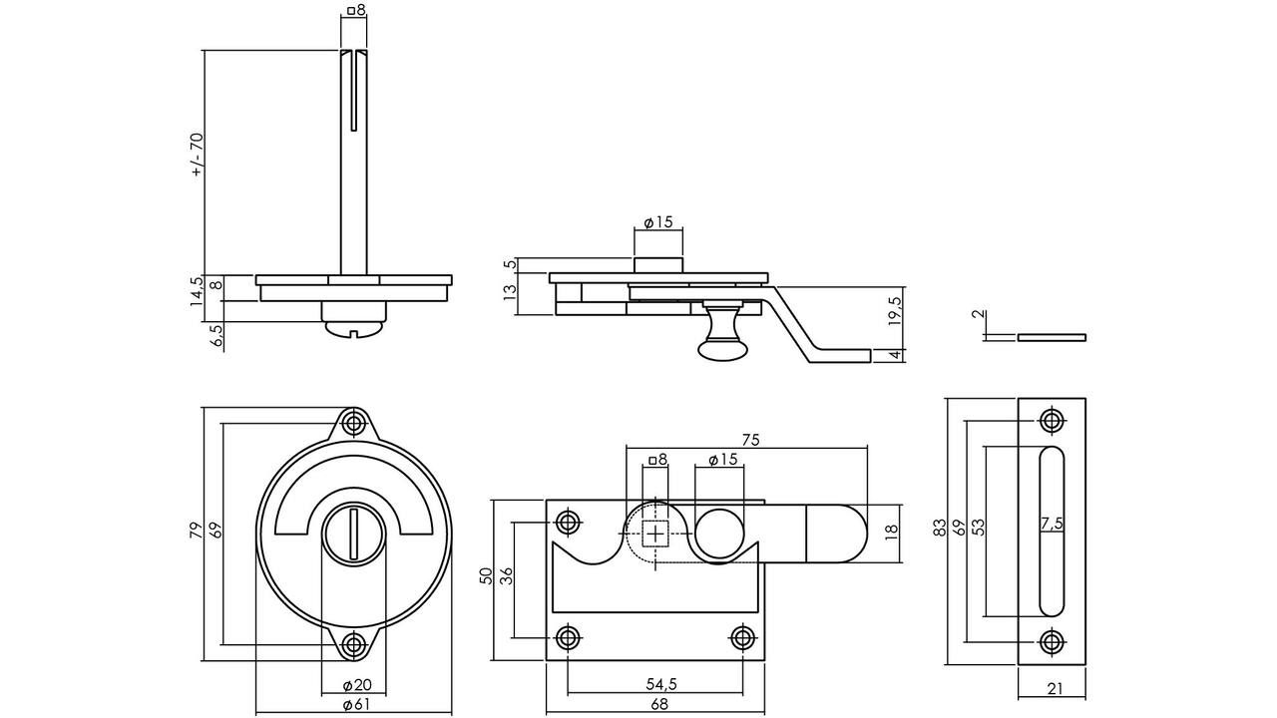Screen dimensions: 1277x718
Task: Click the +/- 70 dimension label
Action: pos(198,156)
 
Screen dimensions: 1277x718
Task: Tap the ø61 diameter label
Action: pos(356,705)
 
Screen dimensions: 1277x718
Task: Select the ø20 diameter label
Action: pos(357,685)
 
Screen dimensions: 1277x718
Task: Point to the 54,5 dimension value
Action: pos(661,684)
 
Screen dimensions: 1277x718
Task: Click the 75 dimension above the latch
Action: pos(751,440)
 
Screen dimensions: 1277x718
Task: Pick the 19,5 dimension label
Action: pos(895,311)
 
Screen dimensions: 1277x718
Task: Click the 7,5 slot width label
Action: pos(1052,524)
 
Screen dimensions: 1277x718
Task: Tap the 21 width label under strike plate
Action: pos(1056,689)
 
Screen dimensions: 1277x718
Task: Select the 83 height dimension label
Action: pos(940,528)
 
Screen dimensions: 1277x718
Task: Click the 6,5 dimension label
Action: pos(216,336)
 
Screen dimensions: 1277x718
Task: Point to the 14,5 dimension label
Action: pos(197,292)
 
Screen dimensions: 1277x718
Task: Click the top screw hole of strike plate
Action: pos(1052,421)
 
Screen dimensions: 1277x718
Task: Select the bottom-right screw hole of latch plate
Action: pos(742,636)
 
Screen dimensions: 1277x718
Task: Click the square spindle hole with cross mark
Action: pos(655,534)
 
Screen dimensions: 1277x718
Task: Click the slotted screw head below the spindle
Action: pos(354,330)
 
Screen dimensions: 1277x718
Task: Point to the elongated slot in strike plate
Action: pos(1052,532)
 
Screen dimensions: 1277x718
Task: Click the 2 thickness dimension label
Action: pos(979,315)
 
